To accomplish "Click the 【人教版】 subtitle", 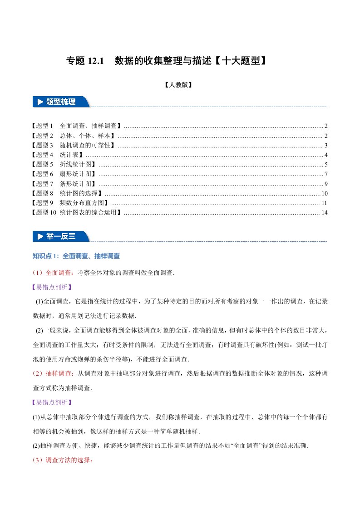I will (x=180, y=84).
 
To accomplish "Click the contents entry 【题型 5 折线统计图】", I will (x=64, y=164).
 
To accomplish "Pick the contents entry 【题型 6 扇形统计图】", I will (x=64, y=174).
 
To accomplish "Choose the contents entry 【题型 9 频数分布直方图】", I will (x=70, y=203).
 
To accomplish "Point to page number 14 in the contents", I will (x=324, y=212).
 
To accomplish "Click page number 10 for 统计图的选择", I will (x=324, y=193).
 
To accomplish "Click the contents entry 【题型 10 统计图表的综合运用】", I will (x=77, y=212).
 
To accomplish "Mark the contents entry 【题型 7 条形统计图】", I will (x=64, y=183).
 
